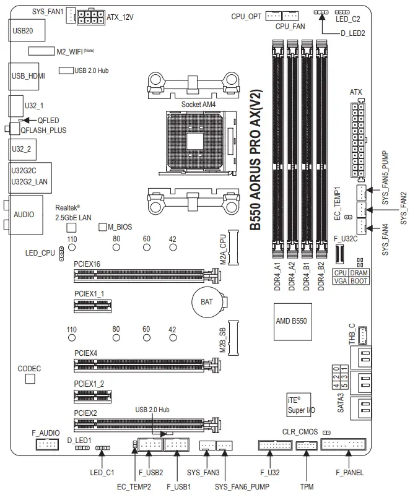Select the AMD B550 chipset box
click(x=291, y=321)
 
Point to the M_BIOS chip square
click(x=103, y=227)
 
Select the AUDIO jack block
click(x=24, y=214)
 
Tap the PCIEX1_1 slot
click(x=96, y=304)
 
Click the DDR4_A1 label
click(x=277, y=275)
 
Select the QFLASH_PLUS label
click(x=43, y=131)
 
